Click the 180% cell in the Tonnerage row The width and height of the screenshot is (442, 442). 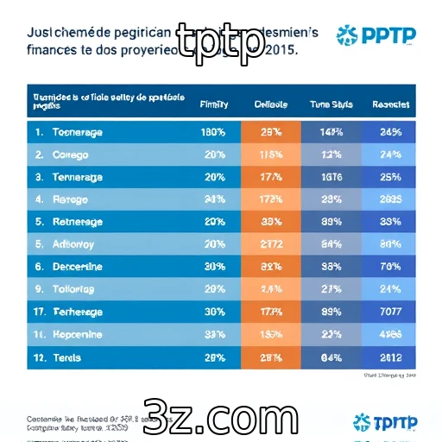213,133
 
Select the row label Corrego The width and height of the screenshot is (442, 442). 72,155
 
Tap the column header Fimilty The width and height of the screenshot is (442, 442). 213,104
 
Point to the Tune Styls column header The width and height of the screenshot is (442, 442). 330,104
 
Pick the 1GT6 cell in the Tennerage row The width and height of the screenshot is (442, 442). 330,177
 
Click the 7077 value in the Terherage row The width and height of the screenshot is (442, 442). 390,312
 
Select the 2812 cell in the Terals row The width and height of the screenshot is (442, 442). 390,357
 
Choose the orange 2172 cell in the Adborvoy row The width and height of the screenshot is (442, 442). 271,244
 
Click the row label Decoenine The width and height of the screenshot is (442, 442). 78,267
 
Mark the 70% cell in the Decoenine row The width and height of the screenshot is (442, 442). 390,267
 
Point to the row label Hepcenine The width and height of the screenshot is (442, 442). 77,334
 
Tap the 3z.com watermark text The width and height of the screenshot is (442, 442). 220,419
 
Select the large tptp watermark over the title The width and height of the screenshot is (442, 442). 220,41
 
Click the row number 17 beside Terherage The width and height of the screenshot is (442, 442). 40,312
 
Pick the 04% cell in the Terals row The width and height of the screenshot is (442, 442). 330,357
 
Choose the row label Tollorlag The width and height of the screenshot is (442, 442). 76,289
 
